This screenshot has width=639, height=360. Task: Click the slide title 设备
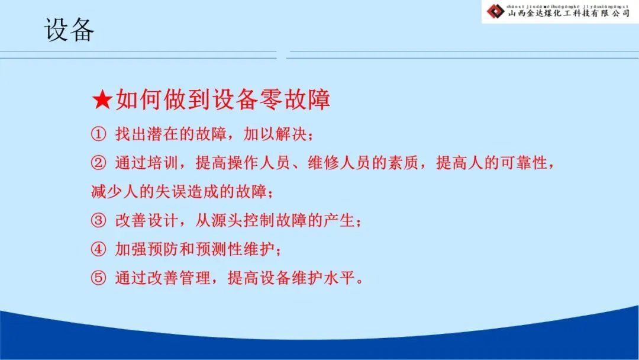click(69, 30)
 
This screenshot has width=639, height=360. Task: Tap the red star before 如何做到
click(102, 99)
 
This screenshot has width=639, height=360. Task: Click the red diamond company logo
click(496, 11)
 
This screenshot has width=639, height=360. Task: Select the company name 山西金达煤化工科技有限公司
click(569, 14)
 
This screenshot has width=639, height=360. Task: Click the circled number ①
click(98, 134)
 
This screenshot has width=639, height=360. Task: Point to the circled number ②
click(98, 163)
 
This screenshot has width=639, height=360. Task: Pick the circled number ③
click(98, 221)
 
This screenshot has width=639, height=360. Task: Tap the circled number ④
click(98, 249)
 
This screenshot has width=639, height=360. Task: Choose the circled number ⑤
click(98, 278)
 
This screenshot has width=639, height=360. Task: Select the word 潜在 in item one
click(163, 134)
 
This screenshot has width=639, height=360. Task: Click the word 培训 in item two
click(163, 163)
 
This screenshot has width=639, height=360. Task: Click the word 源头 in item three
click(227, 221)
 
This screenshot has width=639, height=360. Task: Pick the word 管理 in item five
click(195, 278)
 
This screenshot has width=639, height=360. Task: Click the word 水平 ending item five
click(340, 278)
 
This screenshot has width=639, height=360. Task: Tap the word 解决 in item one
click(291, 134)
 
